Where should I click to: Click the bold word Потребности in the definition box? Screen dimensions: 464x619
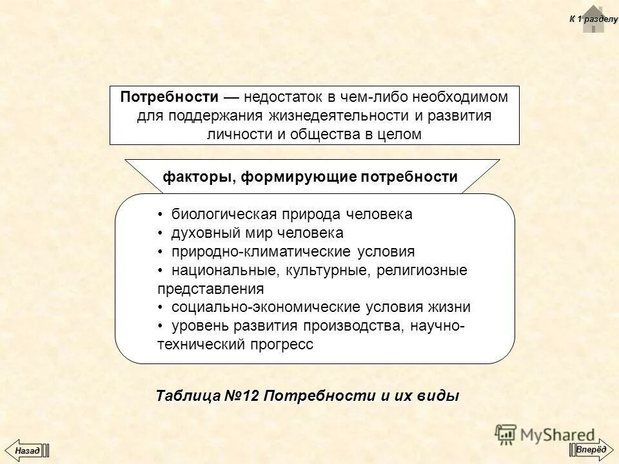pos(170,97)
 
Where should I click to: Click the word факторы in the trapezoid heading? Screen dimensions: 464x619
pos(197,177)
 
